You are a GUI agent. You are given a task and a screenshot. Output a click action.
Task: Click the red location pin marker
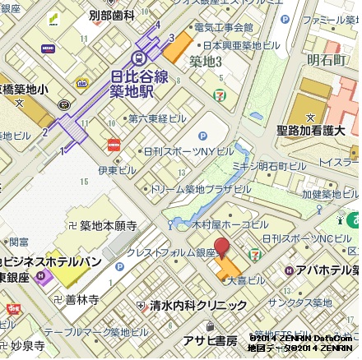tap(221, 249)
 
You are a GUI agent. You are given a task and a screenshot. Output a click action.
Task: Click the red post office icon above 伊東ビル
tap(113, 145)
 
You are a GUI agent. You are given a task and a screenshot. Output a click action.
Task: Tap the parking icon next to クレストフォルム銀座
tap(120, 266)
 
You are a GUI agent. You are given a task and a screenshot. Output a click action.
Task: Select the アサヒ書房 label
tap(209, 340)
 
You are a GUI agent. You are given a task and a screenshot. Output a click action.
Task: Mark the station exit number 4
tap(158, 25)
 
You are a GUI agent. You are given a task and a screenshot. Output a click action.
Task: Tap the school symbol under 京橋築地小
tap(64, 104)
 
